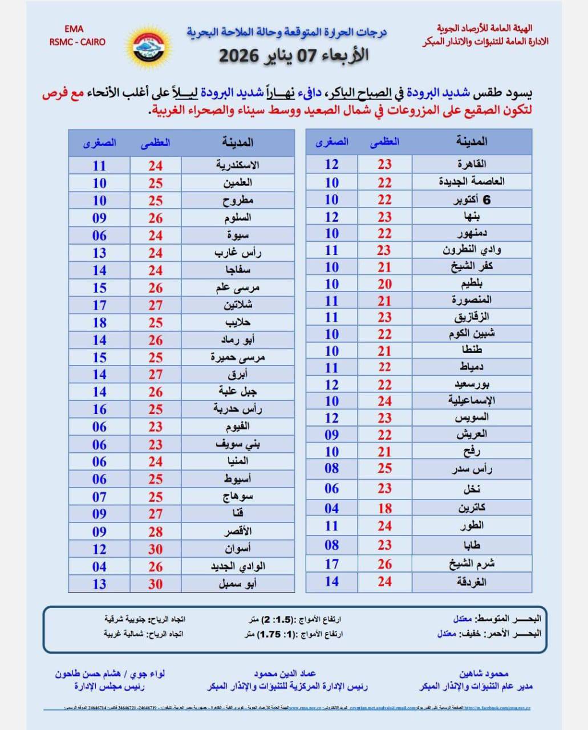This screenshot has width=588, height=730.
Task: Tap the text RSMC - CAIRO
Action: point(78,42)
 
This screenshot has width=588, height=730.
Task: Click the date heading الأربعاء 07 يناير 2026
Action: point(294,55)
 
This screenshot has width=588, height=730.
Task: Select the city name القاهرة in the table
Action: point(472,164)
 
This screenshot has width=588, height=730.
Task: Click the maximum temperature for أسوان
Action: point(156,549)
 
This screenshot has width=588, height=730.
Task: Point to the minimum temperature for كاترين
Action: point(332,508)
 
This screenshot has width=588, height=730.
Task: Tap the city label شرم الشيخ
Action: point(472,564)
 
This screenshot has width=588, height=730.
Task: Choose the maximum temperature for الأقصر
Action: point(156,532)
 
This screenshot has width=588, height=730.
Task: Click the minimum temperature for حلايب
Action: point(99,322)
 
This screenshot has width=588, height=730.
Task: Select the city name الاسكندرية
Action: point(238,165)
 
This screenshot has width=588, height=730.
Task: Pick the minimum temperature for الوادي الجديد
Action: point(99,566)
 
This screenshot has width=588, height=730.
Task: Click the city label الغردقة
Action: point(472,582)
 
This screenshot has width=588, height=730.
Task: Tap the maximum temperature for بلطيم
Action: point(385,284)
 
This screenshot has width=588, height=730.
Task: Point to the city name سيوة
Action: point(238,235)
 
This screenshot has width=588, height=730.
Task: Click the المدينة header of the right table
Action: point(472,141)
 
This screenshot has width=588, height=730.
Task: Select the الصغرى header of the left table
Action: point(99,143)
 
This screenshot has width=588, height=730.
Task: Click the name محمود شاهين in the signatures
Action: point(484,674)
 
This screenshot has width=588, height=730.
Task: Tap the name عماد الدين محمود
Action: point(285,674)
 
